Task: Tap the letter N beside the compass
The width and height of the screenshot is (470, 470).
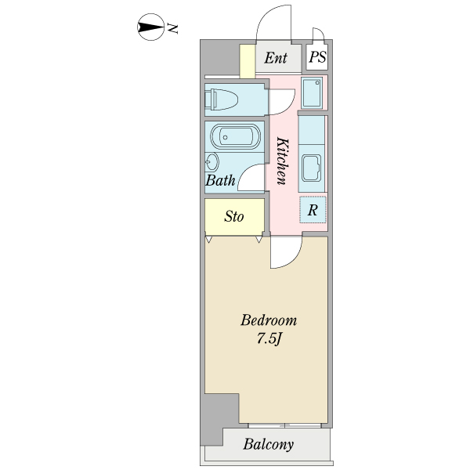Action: pyautogui.click(x=173, y=29)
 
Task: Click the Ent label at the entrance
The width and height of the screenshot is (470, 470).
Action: pyautogui.click(x=276, y=58)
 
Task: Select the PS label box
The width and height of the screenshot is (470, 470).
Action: pyautogui.click(x=316, y=58)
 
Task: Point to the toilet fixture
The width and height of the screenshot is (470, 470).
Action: pyautogui.click(x=221, y=99)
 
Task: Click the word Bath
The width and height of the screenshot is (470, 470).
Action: pyautogui.click(x=220, y=180)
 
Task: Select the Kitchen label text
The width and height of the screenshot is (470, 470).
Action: pyautogui.click(x=283, y=160)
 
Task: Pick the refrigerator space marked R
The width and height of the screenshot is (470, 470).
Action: pyautogui.click(x=313, y=210)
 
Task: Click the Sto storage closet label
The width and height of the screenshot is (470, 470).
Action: pyautogui.click(x=233, y=217)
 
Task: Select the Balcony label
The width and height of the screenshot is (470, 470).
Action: pyautogui.click(x=268, y=445)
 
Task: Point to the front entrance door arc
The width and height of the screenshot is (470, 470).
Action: pyautogui.click(x=274, y=22)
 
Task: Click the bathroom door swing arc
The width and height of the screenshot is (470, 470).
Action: pyautogui.click(x=253, y=178)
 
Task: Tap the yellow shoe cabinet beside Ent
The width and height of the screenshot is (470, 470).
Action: pyautogui.click(x=248, y=61)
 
